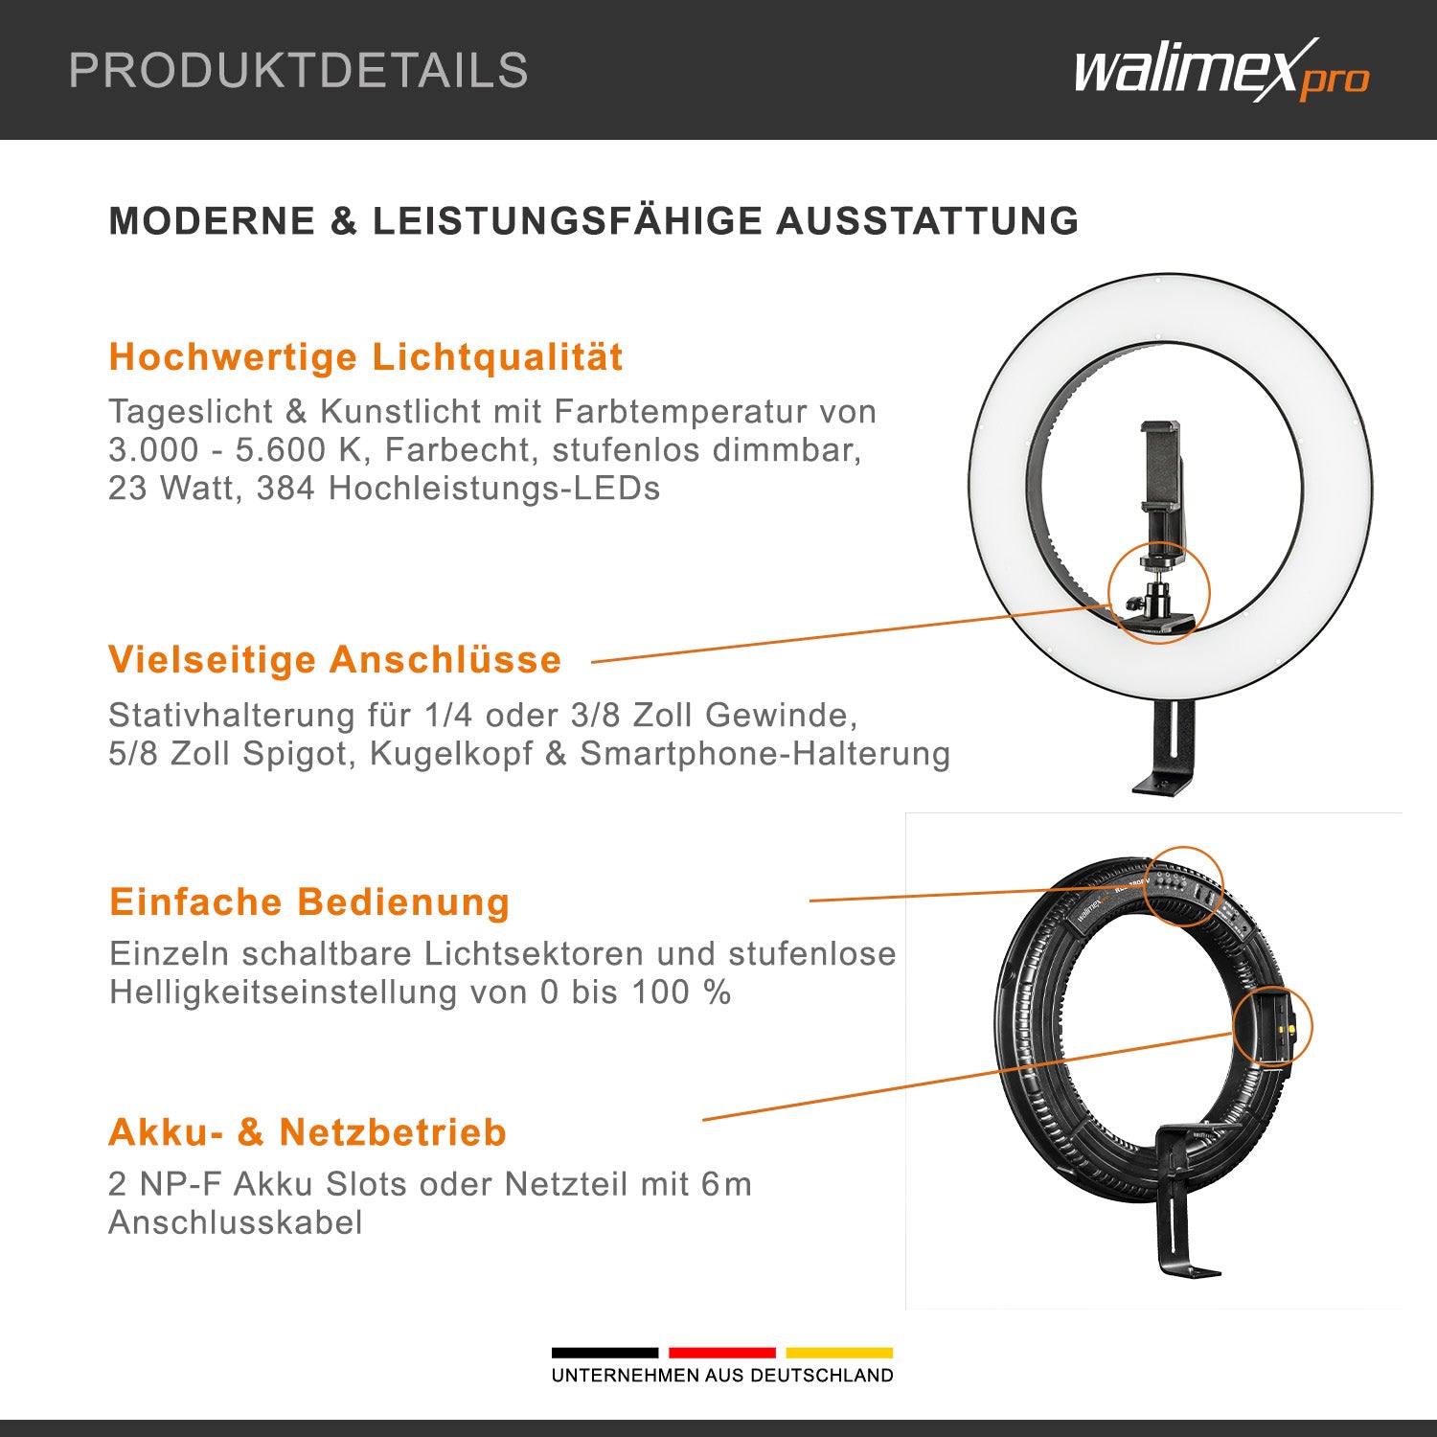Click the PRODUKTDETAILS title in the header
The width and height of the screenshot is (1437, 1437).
pos(298,71)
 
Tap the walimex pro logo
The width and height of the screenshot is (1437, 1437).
pos(1220,71)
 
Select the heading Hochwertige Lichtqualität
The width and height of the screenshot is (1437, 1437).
pos(365,357)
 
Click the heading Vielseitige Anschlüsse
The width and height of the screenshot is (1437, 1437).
pos(334,660)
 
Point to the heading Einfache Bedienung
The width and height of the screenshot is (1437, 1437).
pos(309,902)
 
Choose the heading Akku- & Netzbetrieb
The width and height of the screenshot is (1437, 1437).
pos(308,1132)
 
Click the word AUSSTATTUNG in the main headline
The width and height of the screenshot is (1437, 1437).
pos(926,221)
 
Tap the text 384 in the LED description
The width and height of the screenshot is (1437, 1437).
pos(285,489)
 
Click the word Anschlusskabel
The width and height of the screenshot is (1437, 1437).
pos(236,1223)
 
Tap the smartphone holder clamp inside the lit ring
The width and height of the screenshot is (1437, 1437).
pos(1162,469)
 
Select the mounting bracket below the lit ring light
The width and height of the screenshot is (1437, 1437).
pos(1169,747)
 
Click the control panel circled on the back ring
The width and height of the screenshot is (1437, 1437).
pos(1182,886)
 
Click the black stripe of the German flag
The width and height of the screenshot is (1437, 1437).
pos(604,1353)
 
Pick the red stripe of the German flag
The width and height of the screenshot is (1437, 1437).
pos(721,1353)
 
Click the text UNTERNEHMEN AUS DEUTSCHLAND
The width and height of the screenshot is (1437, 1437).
pos(721,1376)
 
